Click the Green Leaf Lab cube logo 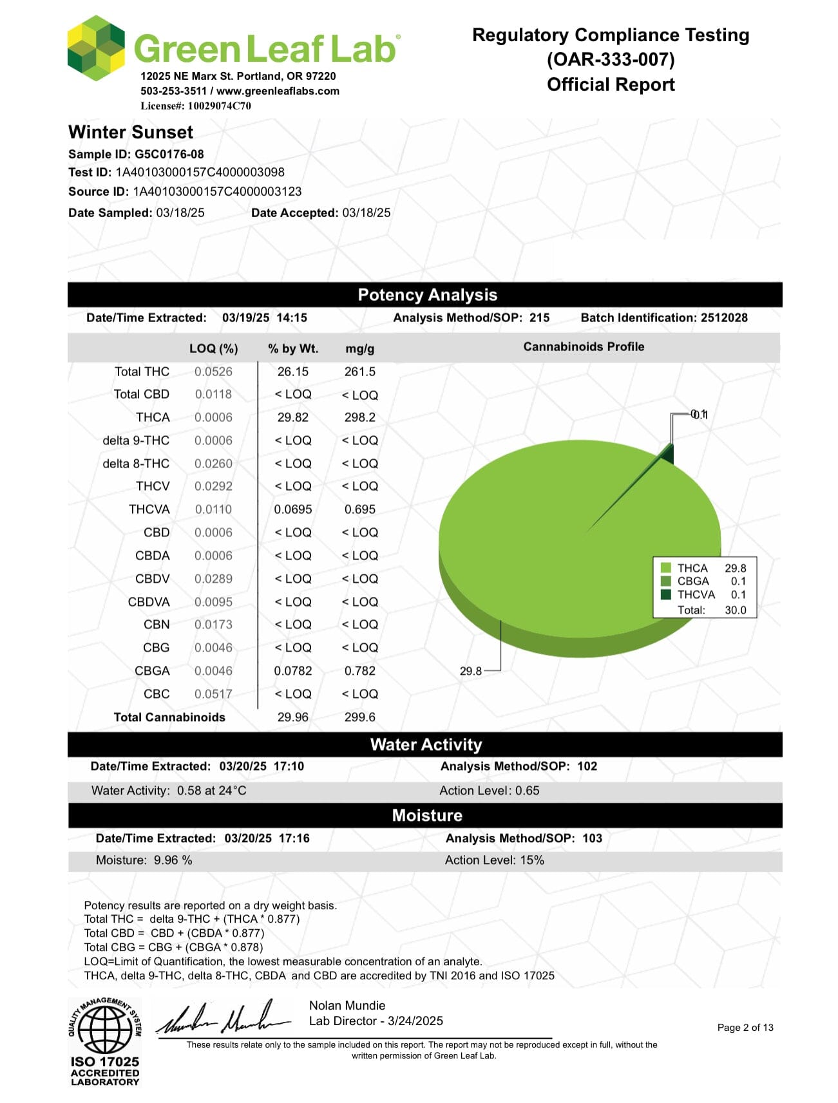pyautogui.click(x=96, y=48)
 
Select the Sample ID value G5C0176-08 pyautogui.click(x=169, y=155)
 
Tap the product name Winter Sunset pyautogui.click(x=131, y=133)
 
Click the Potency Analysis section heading pyautogui.click(x=427, y=295)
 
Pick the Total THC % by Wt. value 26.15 pyautogui.click(x=292, y=372)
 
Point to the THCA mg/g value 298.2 pyautogui.click(x=359, y=417)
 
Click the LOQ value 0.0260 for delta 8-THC pyautogui.click(x=213, y=464)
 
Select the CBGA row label pyautogui.click(x=152, y=671)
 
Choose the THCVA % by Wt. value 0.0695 pyautogui.click(x=292, y=509)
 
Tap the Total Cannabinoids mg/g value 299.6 pyautogui.click(x=359, y=717)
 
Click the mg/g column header pyautogui.click(x=359, y=349)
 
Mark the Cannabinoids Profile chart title pyautogui.click(x=584, y=347)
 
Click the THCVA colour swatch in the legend pyautogui.click(x=666, y=594)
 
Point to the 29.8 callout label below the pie pyautogui.click(x=470, y=671)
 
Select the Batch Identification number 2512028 pyautogui.click(x=724, y=318)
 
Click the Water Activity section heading pyautogui.click(x=426, y=745)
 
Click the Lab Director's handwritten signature pyautogui.click(x=222, y=1018)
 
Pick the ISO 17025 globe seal pyautogui.click(x=104, y=1028)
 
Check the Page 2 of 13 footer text pyautogui.click(x=745, y=1028)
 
